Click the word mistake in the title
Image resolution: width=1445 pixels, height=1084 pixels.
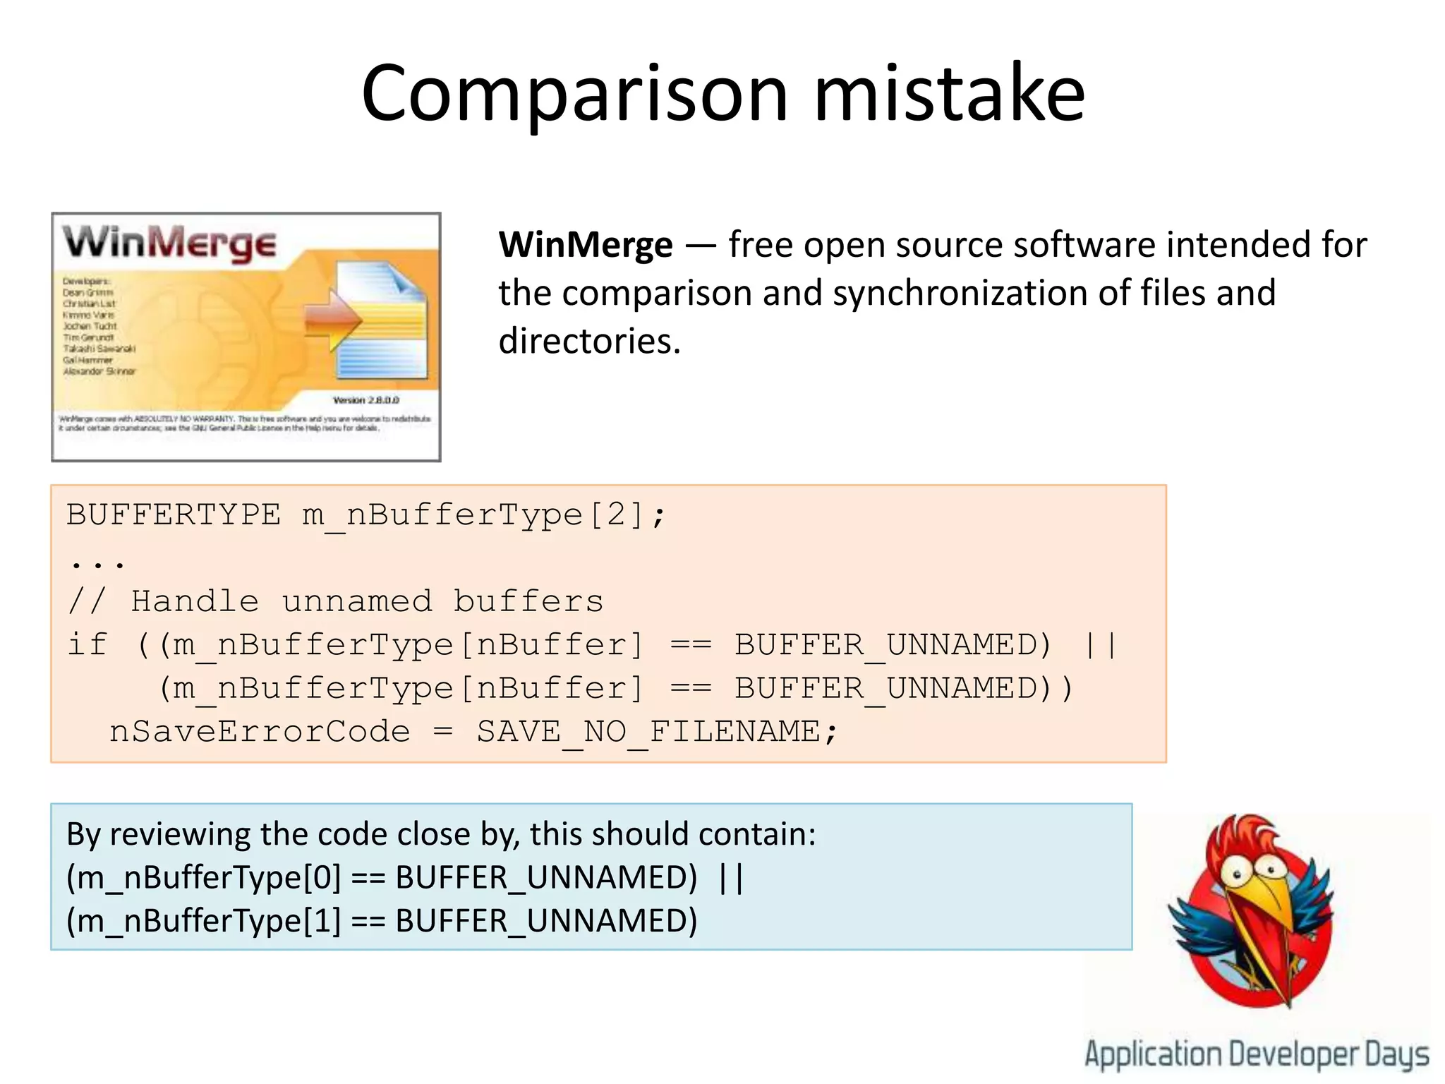(949, 93)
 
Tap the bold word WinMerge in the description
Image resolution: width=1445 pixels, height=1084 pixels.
(585, 246)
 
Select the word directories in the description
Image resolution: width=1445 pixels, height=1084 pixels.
(589, 342)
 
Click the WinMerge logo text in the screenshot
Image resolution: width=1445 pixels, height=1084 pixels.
(169, 243)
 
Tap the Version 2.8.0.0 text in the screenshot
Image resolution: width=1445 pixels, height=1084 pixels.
(365, 400)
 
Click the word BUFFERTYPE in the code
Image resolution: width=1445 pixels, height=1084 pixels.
(173, 514)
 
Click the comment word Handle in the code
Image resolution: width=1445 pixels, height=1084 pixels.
(195, 601)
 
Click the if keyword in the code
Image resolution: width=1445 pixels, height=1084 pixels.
(87, 645)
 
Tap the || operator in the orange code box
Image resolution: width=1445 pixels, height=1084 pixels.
(1100, 645)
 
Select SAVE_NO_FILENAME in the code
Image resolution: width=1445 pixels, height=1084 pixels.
(648, 732)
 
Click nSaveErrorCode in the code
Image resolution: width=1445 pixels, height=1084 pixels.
(260, 732)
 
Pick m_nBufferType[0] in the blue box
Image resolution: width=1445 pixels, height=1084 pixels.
(203, 879)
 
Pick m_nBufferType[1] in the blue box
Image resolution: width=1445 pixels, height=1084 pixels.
(203, 922)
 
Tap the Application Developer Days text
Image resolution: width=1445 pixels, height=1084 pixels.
(1256, 1054)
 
